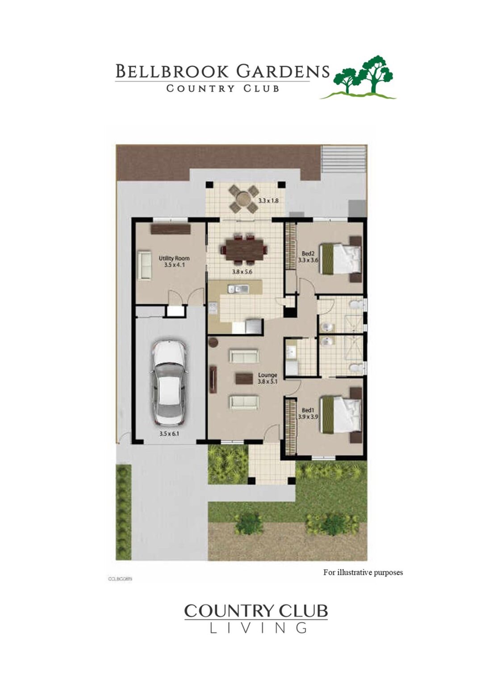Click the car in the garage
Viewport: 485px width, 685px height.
pyautogui.click(x=169, y=383)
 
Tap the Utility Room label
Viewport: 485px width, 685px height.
pyautogui.click(x=174, y=258)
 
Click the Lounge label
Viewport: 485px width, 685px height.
pyautogui.click(x=268, y=376)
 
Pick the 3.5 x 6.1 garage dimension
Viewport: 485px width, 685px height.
pyautogui.click(x=169, y=433)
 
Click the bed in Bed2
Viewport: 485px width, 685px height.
pyautogui.click(x=341, y=258)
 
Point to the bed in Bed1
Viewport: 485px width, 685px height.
pyautogui.click(x=341, y=415)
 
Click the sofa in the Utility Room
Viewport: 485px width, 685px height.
pyautogui.click(x=144, y=265)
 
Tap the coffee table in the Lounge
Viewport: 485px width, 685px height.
pyautogui.click(x=244, y=379)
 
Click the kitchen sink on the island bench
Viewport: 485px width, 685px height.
pyautogui.click(x=238, y=289)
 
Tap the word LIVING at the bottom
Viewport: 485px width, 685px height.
pyautogui.click(x=258, y=628)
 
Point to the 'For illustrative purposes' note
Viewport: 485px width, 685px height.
pyautogui.click(x=363, y=572)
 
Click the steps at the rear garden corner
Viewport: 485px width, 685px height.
pyautogui.click(x=343, y=159)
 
